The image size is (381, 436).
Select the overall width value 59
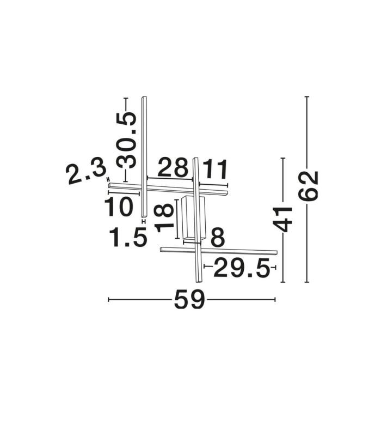[x=189, y=300]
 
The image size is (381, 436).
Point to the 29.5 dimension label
[x=242, y=268]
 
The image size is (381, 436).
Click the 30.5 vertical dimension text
[x=126, y=141]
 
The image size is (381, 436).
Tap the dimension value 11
[x=214, y=169]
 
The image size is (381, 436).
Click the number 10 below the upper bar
[x=119, y=207]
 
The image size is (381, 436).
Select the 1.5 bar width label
[x=128, y=237]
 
